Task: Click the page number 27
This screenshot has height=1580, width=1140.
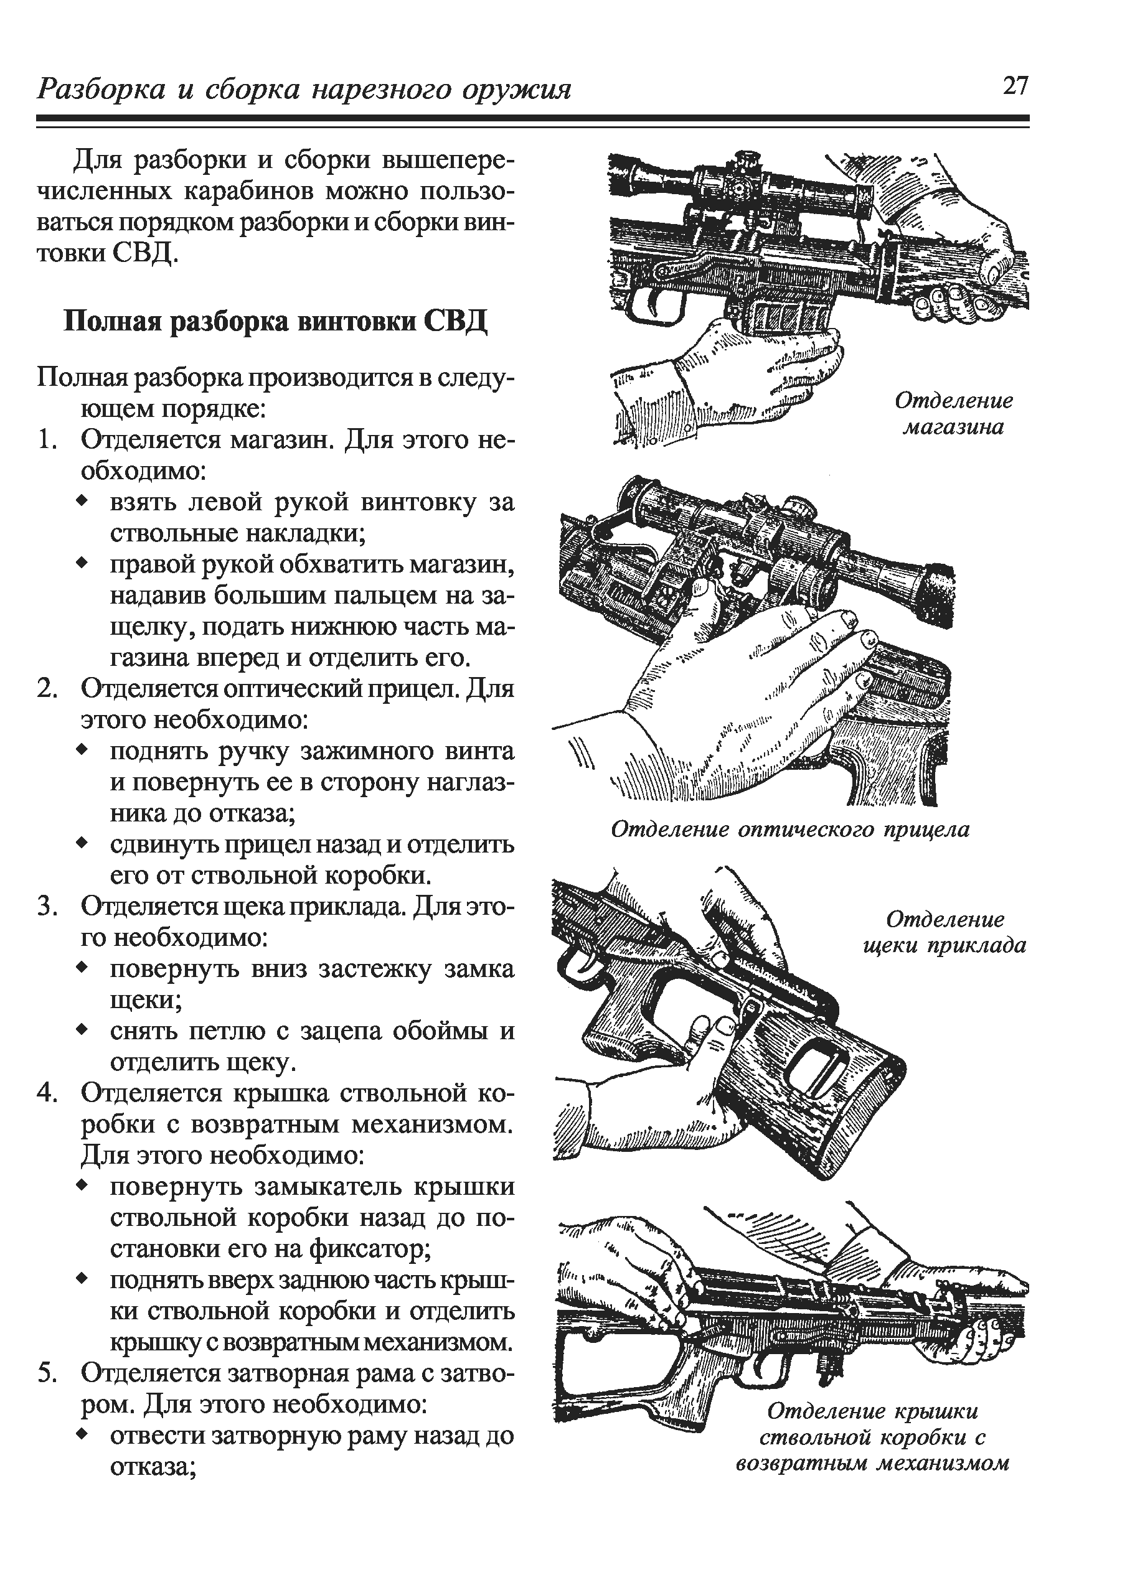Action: (x=1015, y=86)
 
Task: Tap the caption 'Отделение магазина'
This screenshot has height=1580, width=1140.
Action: (x=953, y=413)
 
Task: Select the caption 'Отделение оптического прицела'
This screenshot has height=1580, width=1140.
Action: (x=790, y=829)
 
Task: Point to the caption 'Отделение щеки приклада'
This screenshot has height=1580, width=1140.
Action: (x=945, y=932)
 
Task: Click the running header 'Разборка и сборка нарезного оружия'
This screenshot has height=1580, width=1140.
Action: (x=304, y=90)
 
